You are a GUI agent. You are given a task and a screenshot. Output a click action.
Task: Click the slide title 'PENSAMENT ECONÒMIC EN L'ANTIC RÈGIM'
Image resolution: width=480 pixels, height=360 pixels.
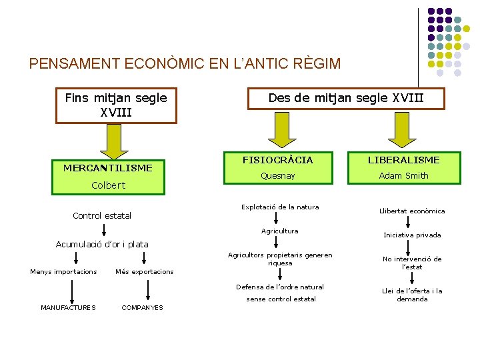click(185, 64)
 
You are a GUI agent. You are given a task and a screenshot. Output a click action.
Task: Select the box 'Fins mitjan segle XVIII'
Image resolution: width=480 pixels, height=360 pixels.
click(116, 105)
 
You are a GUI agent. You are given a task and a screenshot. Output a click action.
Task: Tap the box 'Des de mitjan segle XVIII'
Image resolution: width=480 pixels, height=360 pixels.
click(346, 98)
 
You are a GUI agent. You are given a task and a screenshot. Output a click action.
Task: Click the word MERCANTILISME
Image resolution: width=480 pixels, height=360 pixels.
click(108, 168)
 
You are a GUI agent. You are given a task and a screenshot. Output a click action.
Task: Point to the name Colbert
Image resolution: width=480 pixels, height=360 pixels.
click(108, 185)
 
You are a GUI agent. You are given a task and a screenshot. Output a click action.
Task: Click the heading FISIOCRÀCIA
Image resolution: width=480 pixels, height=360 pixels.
click(277, 160)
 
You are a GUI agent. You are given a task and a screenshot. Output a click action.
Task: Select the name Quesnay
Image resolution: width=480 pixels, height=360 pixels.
click(277, 176)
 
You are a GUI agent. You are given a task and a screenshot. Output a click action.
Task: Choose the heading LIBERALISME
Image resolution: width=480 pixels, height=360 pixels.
click(404, 160)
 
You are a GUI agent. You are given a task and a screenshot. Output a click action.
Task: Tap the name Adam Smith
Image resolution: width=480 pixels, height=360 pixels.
click(404, 176)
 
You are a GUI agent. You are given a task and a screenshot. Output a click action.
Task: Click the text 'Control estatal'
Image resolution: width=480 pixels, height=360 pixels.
click(102, 215)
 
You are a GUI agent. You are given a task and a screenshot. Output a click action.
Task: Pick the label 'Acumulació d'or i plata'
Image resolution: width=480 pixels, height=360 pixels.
click(102, 245)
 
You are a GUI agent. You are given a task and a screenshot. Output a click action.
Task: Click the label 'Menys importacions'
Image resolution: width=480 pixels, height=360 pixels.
click(63, 271)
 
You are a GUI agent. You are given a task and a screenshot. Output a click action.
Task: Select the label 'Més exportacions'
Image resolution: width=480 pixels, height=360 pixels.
click(144, 271)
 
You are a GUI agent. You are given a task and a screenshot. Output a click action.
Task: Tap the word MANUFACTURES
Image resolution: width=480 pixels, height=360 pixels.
click(68, 307)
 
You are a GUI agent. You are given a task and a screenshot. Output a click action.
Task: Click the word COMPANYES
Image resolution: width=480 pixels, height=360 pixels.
click(142, 307)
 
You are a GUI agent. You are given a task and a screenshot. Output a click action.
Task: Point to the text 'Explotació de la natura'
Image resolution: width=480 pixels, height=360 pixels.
click(280, 207)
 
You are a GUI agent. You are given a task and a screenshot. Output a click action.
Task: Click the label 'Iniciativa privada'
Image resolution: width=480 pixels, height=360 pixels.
click(412, 235)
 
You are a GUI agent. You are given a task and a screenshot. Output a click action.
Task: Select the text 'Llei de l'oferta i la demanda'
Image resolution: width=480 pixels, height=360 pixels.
click(412, 295)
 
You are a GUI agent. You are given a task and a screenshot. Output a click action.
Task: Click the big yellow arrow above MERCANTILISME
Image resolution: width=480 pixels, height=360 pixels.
click(108, 141)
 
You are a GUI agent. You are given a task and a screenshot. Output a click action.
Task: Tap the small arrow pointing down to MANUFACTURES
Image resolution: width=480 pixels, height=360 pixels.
click(72, 290)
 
